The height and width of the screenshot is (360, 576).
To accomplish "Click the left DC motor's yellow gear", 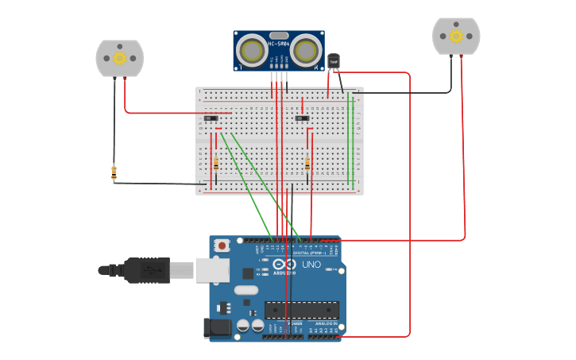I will tap(119, 58).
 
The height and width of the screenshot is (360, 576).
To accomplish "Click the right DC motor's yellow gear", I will tap(456, 36).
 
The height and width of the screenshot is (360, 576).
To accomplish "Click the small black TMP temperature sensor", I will tap(334, 61).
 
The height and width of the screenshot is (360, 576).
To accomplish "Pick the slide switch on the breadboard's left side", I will tap(211, 118).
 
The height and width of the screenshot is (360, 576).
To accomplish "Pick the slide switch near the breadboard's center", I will tap(302, 118).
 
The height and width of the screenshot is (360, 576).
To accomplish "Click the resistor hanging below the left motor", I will tap(114, 171).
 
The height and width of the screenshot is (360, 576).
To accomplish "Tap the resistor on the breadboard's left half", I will tap(216, 163).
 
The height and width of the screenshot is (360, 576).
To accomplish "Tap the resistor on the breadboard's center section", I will tap(307, 163).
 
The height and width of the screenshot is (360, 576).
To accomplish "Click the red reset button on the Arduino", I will tap(221, 246).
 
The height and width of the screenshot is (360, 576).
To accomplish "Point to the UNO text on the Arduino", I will tap(311, 265).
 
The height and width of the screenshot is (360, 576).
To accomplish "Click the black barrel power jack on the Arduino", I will tap(217, 327).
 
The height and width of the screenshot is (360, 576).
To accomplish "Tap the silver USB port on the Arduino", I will tap(212, 270).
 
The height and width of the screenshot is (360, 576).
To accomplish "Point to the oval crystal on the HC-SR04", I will tap(278, 35).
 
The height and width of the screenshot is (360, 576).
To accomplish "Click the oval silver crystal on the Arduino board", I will tap(245, 289).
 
